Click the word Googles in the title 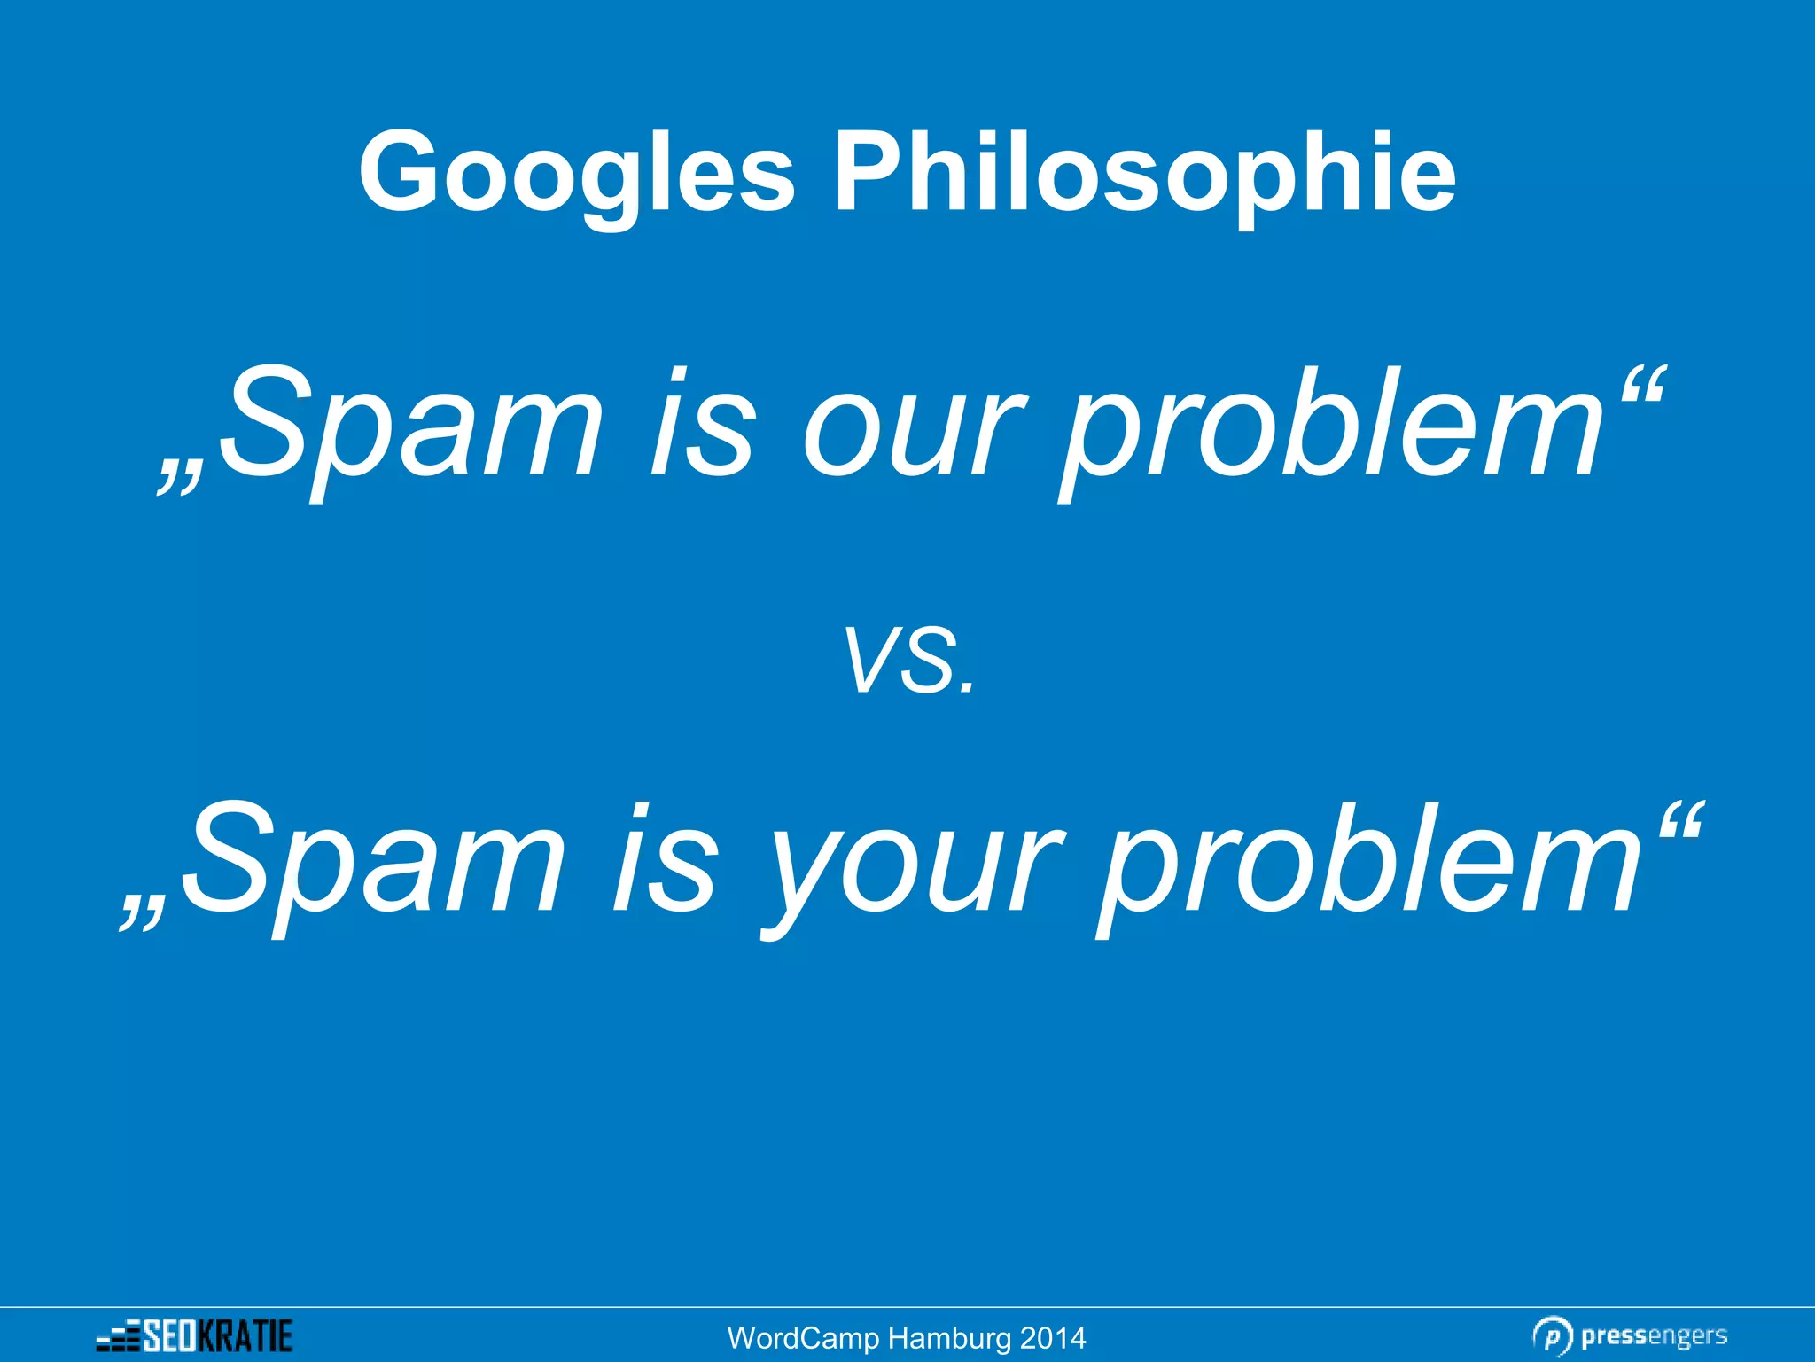coord(576,173)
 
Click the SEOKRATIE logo coord(195,1335)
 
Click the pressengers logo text coord(1654,1335)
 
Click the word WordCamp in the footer coord(803,1338)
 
